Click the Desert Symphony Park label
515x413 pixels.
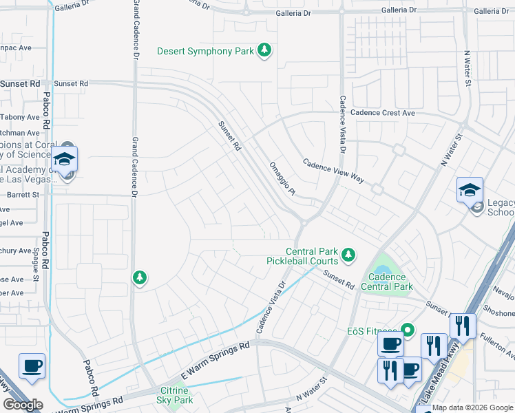coord(205,51)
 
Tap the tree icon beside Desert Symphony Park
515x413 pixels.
coord(264,50)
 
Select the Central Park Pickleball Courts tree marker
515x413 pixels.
coord(348,255)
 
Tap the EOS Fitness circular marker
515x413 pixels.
coord(407,330)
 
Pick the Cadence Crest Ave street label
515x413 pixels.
coord(382,113)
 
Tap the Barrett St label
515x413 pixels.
coord(24,195)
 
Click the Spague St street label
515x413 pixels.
coord(35,266)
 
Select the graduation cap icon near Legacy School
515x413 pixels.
coord(470,191)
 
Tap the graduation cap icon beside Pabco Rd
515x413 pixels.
coord(64,159)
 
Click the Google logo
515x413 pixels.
coord(23,405)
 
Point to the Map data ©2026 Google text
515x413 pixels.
coord(472,407)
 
